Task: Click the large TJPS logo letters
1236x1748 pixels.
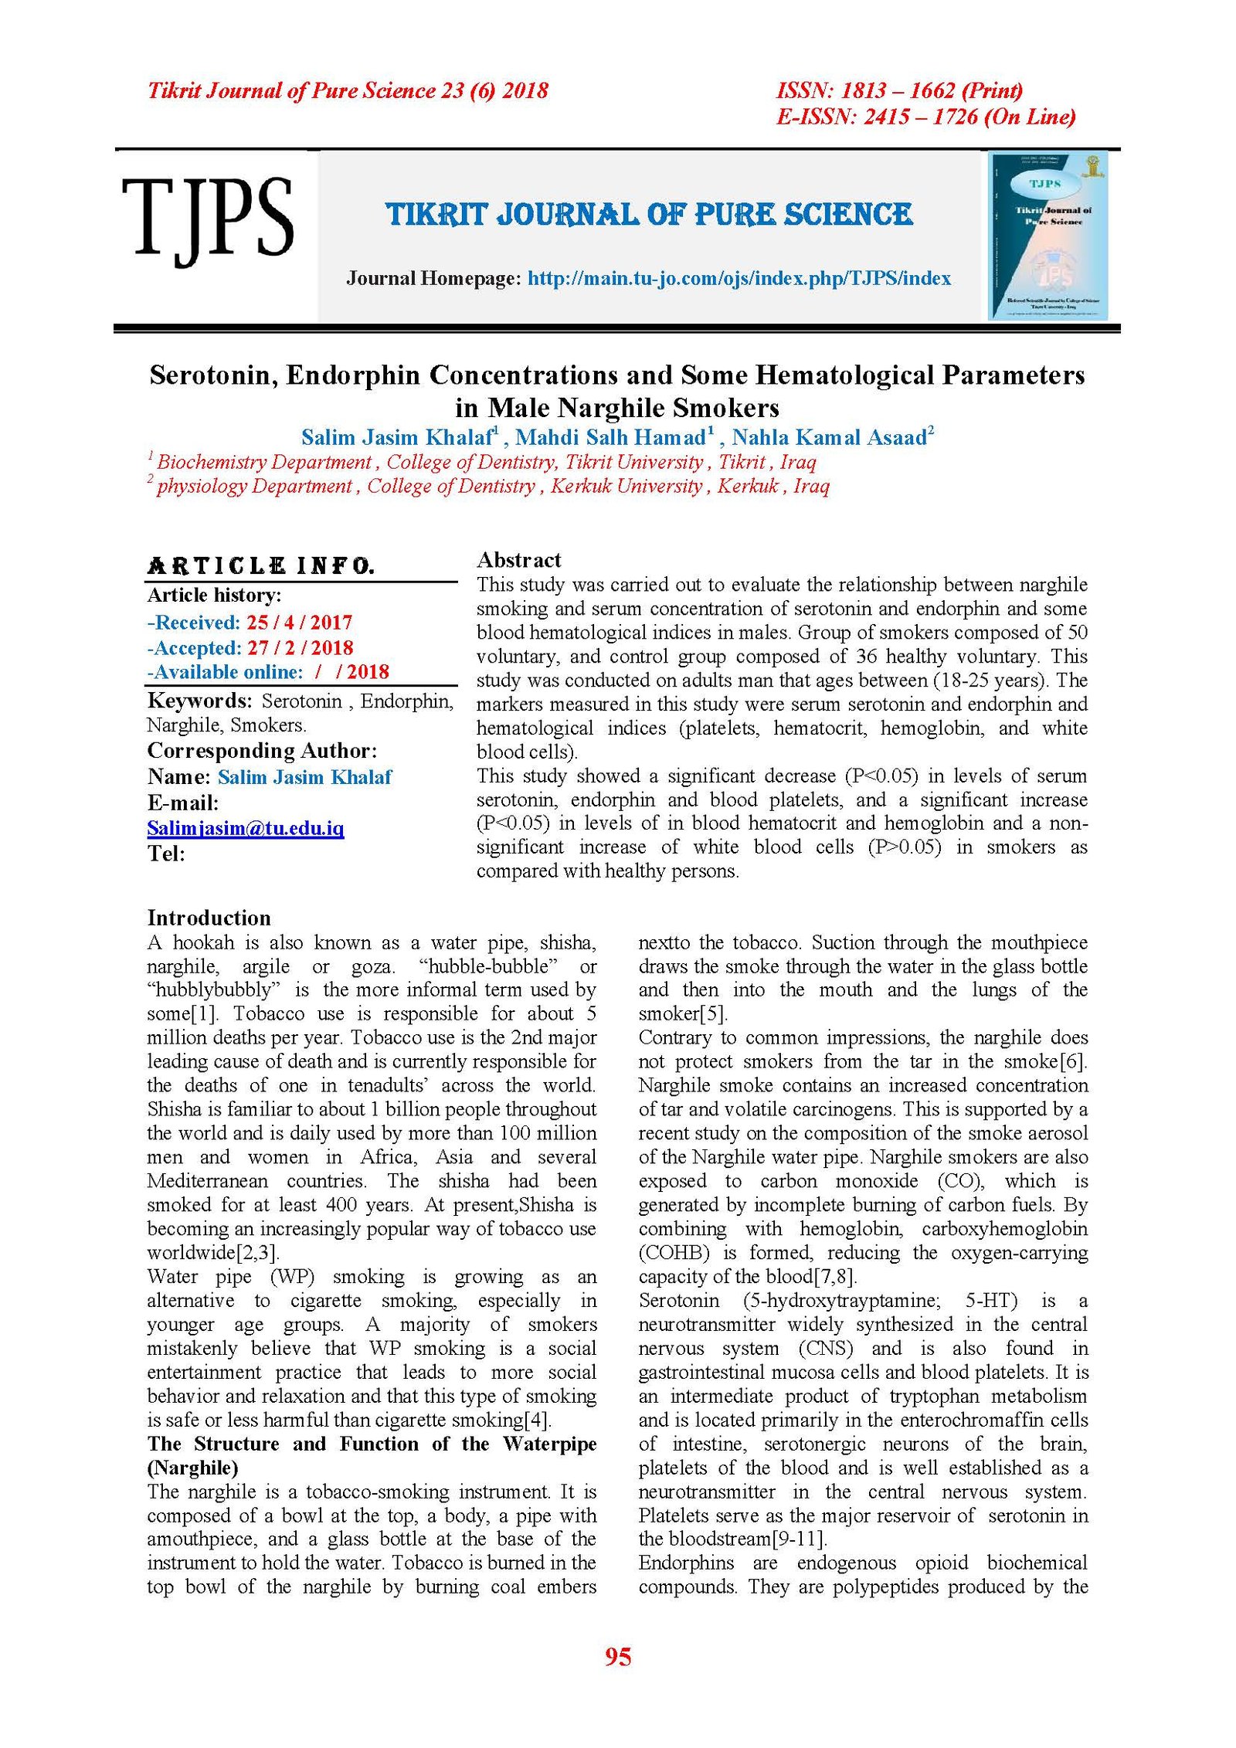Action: point(207,218)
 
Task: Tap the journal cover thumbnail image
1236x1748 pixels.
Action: point(1048,236)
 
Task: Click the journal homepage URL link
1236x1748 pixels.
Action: point(739,278)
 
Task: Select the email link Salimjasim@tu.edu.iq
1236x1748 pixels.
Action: point(245,828)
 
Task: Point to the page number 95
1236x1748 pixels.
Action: point(618,1657)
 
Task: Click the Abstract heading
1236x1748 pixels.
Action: point(518,560)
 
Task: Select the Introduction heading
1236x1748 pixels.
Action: point(209,918)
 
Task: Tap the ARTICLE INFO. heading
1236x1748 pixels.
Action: point(260,566)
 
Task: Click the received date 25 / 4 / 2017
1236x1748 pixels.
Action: point(299,623)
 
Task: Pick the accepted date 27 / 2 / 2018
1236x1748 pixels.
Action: point(300,647)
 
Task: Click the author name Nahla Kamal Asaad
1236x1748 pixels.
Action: point(829,438)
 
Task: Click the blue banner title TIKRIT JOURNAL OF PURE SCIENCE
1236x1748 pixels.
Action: point(649,215)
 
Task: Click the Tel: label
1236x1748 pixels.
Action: point(166,854)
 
